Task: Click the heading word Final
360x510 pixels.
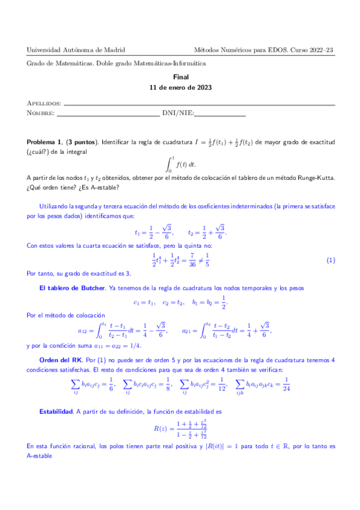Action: [x=180, y=77]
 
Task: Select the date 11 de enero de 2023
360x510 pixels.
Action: [x=180, y=87]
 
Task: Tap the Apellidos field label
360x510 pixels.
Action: [x=44, y=103]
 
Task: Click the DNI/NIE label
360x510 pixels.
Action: [x=177, y=113]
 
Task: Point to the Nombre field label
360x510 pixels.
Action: [x=41, y=113]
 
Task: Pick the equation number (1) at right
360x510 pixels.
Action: [x=330, y=260]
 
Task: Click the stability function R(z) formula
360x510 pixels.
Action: [x=180, y=428]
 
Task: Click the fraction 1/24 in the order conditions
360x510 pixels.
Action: [x=287, y=382]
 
